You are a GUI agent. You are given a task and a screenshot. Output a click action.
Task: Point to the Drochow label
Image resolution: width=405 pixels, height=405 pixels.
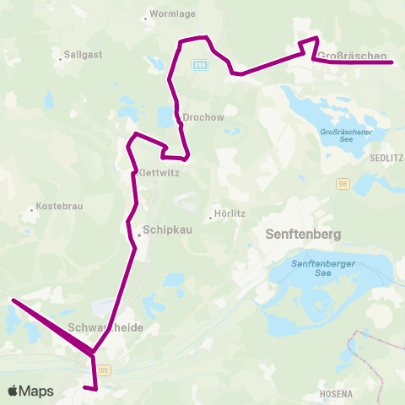tap(203, 118)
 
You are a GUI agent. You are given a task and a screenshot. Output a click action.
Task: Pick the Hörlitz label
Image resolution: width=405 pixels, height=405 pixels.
tap(230, 213)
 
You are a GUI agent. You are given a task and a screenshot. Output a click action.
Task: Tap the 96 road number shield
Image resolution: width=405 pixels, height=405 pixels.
tap(343, 182)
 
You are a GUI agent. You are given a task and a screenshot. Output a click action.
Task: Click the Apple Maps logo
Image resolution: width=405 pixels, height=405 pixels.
tap(30, 391)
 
